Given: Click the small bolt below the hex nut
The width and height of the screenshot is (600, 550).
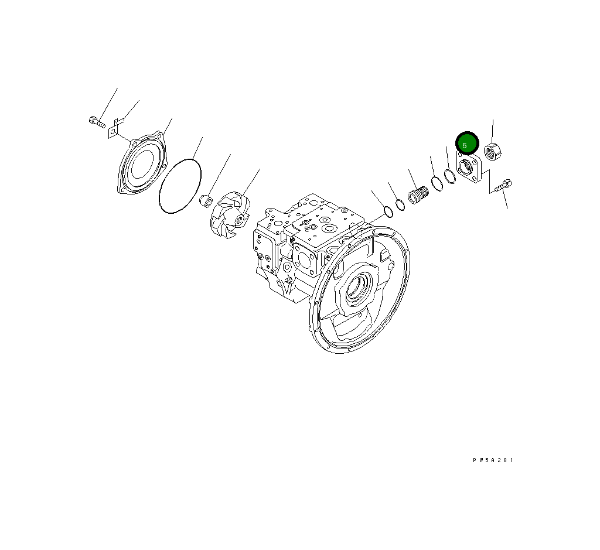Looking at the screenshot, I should tap(503, 186).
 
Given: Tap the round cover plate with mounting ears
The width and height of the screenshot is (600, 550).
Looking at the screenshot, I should tap(142, 165).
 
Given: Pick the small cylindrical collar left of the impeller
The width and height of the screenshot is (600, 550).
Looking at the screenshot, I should tap(206, 201).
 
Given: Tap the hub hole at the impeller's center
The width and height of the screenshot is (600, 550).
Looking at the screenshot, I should tap(239, 220).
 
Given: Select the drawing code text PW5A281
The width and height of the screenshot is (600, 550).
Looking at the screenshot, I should tap(493, 460).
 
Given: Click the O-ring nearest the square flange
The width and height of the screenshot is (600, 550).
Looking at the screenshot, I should tap(450, 176).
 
